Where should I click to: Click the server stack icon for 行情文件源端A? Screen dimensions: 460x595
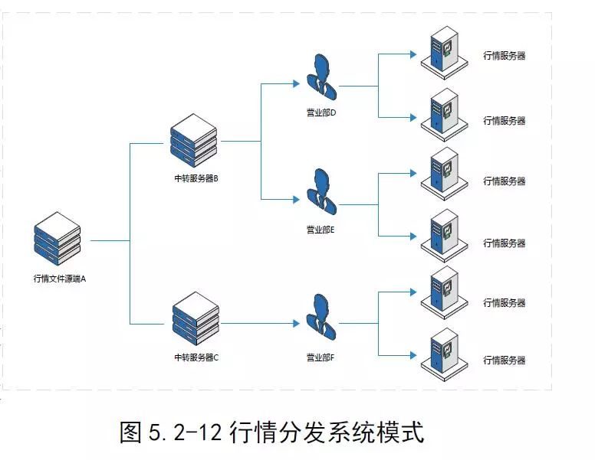[58, 239]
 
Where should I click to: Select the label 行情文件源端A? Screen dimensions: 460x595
[60, 279]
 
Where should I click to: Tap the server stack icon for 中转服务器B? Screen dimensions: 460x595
[194, 140]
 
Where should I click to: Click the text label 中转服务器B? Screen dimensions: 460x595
[197, 179]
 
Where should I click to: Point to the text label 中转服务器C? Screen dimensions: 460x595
[197, 357]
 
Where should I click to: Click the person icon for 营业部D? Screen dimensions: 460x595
[321, 77]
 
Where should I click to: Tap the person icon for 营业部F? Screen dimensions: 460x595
[321, 319]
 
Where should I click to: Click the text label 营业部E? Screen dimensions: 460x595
[321, 230]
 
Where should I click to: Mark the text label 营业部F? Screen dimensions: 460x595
[321, 357]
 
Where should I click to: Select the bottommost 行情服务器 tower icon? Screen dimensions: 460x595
[444, 351]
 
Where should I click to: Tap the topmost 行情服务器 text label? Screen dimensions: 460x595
[505, 56]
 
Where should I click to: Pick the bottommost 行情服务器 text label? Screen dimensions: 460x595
[505, 360]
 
